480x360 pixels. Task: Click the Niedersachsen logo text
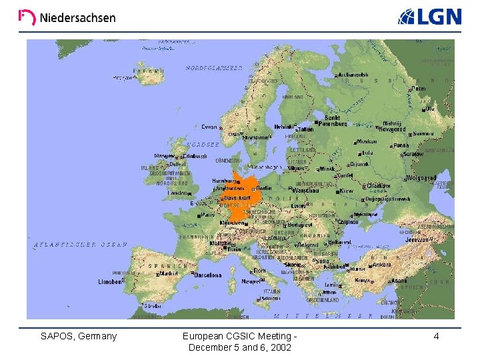point(77,18)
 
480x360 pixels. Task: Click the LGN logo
point(430,17)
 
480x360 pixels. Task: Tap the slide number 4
point(436,336)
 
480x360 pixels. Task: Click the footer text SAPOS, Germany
point(79,336)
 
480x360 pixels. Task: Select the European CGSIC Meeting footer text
point(240,341)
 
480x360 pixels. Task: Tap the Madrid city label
point(169,273)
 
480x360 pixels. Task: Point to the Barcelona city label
point(207,275)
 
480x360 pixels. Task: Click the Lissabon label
point(110,281)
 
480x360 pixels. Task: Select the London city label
point(178,193)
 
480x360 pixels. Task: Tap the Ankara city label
point(381,264)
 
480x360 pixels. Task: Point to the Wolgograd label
point(421,178)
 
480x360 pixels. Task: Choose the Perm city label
point(419,89)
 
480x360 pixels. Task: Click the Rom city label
point(259,271)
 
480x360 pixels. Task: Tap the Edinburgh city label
point(195,156)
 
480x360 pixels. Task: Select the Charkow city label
point(379,185)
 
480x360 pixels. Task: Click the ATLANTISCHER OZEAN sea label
point(80,245)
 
